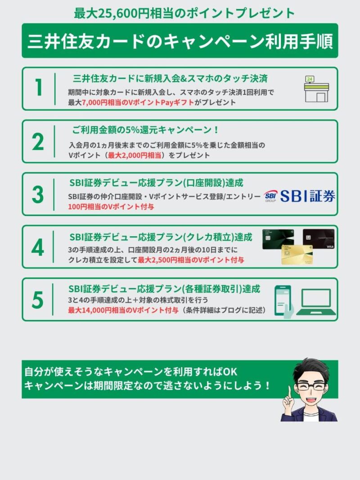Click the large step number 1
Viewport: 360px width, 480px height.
pos(39,88)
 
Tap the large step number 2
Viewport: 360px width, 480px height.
pos(38,142)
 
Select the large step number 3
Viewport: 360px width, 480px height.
pos(38,195)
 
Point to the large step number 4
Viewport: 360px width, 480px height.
pos(38,248)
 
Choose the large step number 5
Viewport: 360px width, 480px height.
pos(38,300)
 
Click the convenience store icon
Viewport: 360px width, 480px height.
pos(316,89)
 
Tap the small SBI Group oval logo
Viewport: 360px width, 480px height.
pos(270,196)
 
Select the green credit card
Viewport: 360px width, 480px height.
pos(278,239)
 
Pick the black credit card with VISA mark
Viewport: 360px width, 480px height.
pos(319,239)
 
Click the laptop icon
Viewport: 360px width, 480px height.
pos(316,302)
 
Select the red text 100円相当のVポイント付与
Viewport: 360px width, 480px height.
pos(111,206)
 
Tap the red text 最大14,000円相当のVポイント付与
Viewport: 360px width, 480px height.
pos(123,310)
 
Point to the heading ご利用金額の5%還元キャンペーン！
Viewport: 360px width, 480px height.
pos(146,130)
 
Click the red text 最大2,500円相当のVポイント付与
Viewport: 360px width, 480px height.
pos(191,260)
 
